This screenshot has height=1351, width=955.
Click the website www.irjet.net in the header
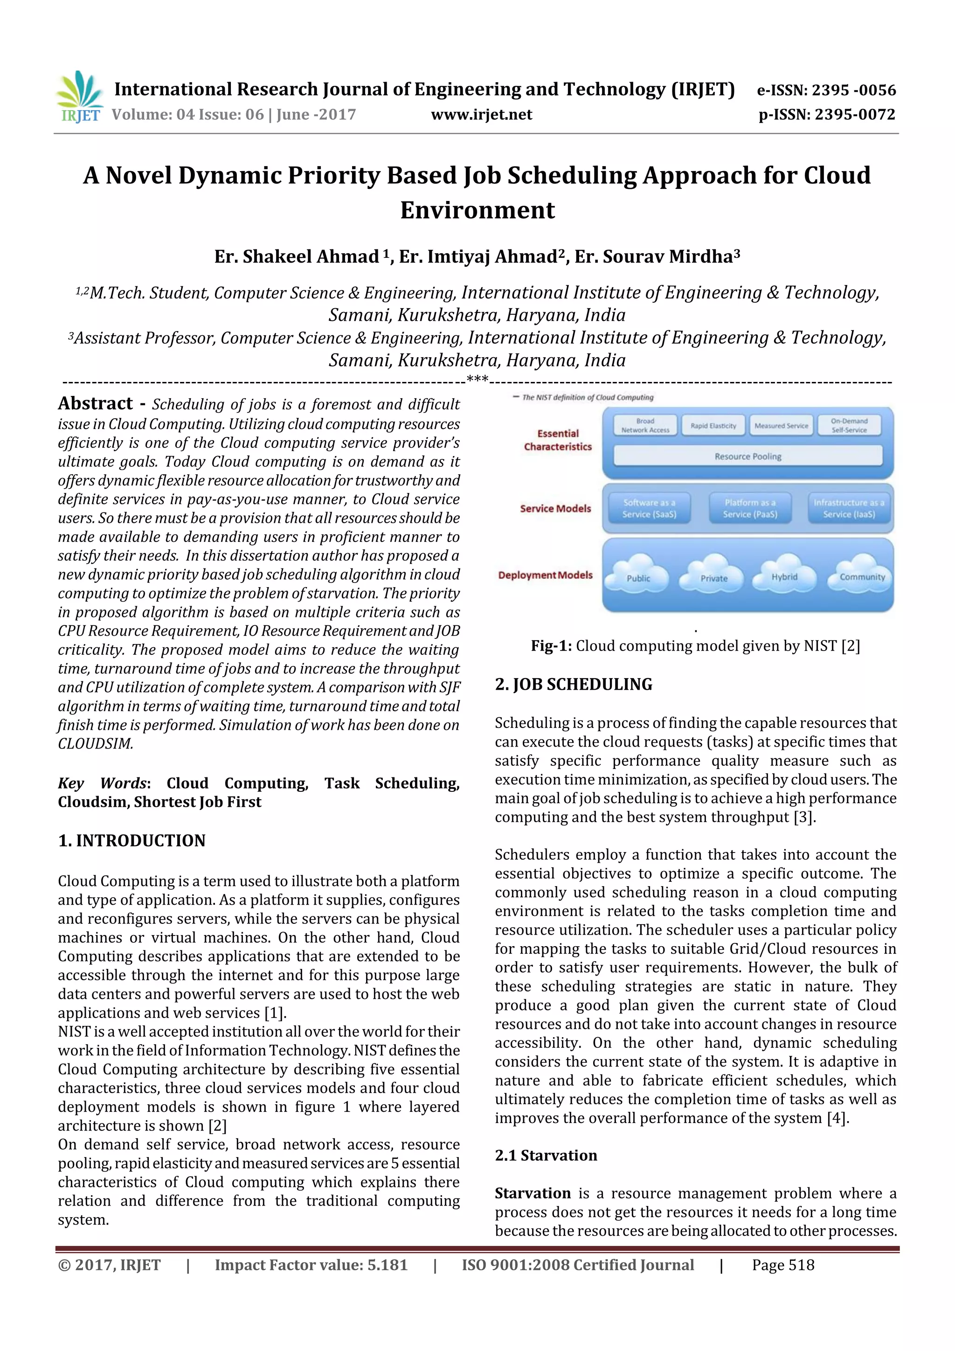481,115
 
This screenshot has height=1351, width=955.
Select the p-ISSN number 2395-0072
854,114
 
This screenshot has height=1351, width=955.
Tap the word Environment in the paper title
477,210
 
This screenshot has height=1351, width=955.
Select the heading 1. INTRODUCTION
132,840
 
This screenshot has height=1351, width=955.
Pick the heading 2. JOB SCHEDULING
574,684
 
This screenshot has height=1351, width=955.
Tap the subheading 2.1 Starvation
546,1155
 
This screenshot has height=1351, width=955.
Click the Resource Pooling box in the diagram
747,456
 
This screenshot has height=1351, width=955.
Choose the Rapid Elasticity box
713,425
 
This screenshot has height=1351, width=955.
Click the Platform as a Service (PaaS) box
750,508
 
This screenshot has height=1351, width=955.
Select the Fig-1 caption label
551,646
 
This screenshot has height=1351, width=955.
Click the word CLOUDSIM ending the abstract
95,744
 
